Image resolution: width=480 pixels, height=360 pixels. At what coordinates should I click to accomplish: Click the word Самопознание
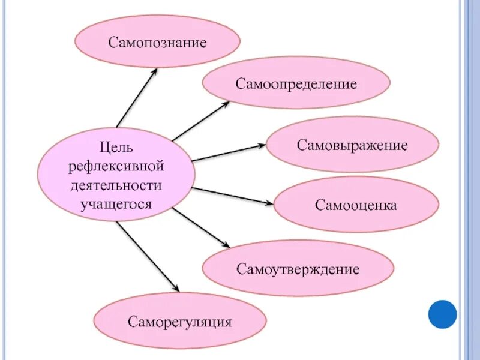(x=157, y=43)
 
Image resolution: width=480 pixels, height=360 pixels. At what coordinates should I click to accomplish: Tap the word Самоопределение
(x=296, y=83)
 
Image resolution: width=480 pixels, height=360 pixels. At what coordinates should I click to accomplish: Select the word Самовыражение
(x=352, y=145)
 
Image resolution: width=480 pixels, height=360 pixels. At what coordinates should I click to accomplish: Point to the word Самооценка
(x=356, y=205)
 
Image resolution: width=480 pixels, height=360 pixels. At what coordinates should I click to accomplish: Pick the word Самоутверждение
(x=298, y=269)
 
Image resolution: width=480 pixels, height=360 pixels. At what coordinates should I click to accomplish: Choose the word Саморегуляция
(x=180, y=322)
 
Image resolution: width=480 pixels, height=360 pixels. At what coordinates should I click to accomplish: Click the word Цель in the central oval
(x=117, y=146)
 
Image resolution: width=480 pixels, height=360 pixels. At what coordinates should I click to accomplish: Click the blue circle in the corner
(x=442, y=314)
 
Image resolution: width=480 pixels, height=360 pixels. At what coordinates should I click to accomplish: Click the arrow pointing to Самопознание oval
(x=136, y=97)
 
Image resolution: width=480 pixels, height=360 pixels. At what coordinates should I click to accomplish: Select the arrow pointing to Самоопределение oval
(x=200, y=122)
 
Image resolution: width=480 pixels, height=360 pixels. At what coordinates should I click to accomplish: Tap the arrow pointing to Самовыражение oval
(x=229, y=153)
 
